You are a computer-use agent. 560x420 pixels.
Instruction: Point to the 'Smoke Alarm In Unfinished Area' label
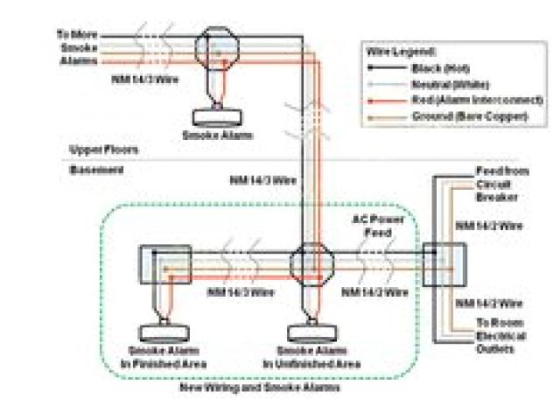[x=312, y=357]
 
